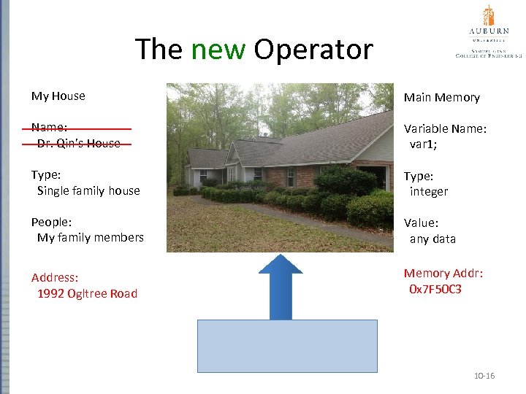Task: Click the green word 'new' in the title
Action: tap(218, 50)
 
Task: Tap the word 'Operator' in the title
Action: tap(313, 50)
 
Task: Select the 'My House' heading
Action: tap(58, 96)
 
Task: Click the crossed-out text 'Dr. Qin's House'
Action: tap(79, 144)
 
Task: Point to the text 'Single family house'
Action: tap(88, 190)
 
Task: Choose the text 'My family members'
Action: tap(91, 237)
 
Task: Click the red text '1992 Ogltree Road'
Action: tap(87, 293)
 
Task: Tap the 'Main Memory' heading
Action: tap(442, 97)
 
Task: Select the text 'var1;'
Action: tap(424, 144)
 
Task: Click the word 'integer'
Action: tap(429, 191)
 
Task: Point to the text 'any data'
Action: tap(432, 239)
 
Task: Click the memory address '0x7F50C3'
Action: tap(435, 290)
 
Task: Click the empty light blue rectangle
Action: tap(288, 346)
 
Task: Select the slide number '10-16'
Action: tap(484, 376)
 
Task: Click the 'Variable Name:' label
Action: tap(445, 128)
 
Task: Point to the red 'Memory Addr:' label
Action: tap(443, 274)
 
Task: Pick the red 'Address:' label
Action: tap(55, 277)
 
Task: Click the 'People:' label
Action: tap(50, 222)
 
